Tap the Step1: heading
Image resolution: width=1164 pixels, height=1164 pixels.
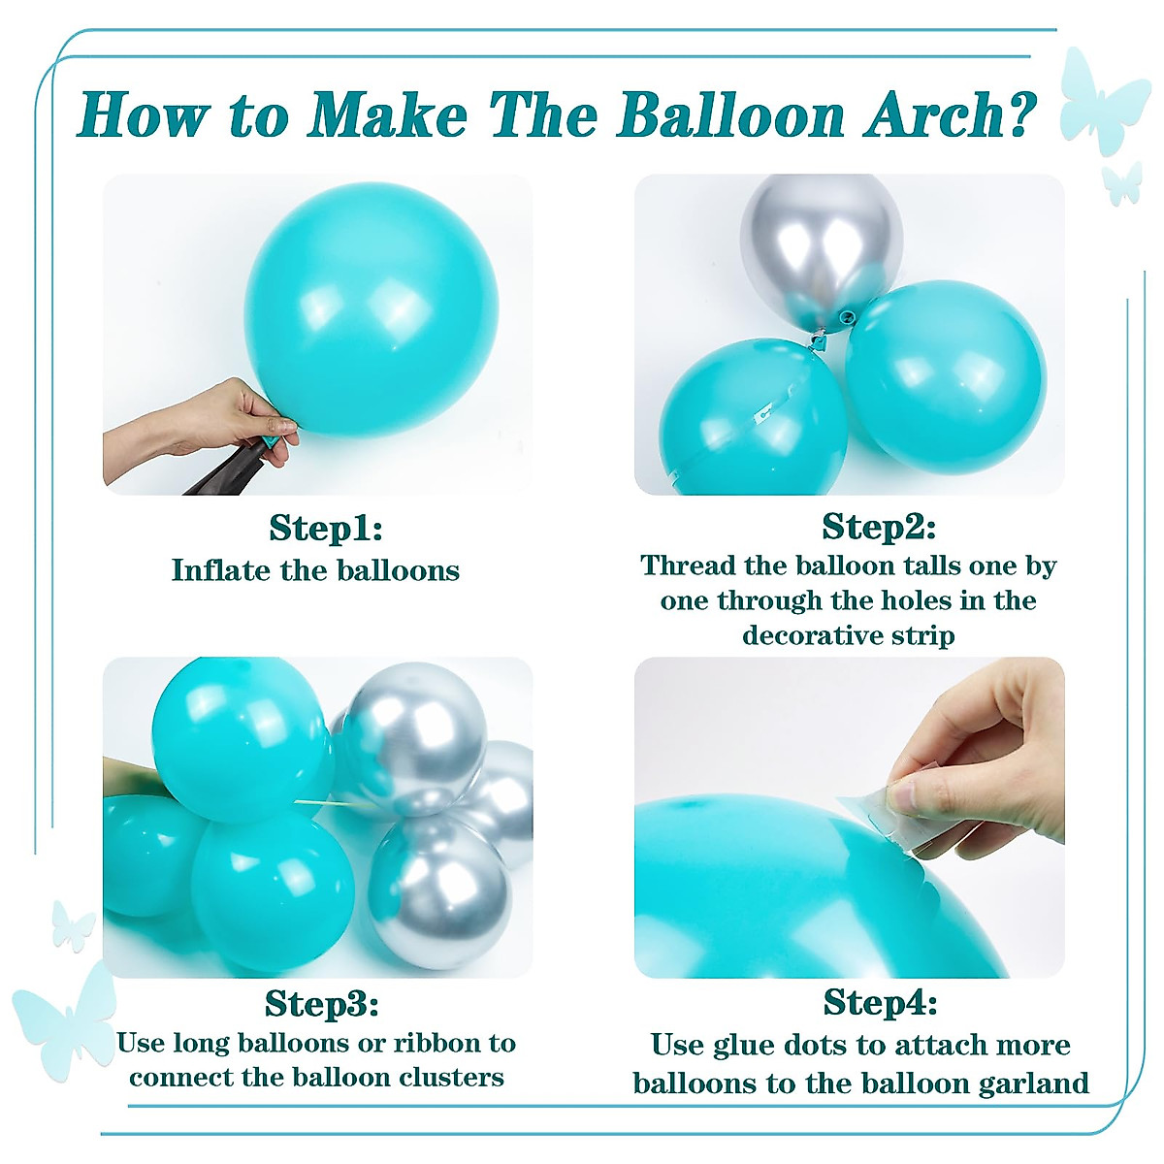(x=326, y=529)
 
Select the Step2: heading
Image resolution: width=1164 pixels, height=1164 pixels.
(x=879, y=527)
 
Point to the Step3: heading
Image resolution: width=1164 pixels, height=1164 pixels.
(x=321, y=1003)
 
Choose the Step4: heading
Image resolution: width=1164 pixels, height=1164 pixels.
(x=880, y=1001)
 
